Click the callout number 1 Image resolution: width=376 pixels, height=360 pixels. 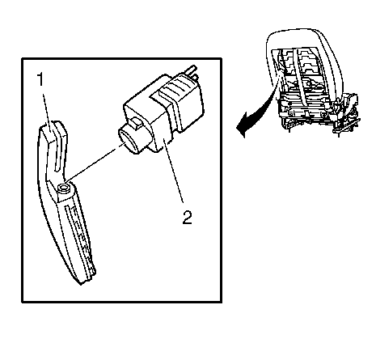point(40,79)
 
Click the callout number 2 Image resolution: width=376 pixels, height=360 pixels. point(187,217)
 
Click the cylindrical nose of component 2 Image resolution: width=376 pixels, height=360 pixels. point(129,141)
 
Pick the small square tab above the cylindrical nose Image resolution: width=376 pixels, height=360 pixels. point(136,122)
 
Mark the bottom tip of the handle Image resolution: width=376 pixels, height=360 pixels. point(81,283)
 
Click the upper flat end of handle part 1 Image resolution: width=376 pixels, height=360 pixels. point(49,132)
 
